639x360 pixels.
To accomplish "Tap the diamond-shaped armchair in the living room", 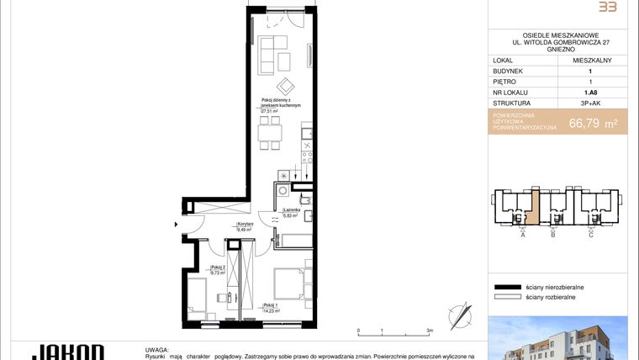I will [288, 86].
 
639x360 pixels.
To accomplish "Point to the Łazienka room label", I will [290, 211].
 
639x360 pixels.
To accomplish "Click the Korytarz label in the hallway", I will [246, 224].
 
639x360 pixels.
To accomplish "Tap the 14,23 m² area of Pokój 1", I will [271, 310].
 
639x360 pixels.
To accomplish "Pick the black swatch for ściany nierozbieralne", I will [508, 287].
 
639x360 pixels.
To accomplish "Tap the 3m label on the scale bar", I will [430, 331].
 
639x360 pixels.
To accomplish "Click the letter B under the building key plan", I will [552, 235].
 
